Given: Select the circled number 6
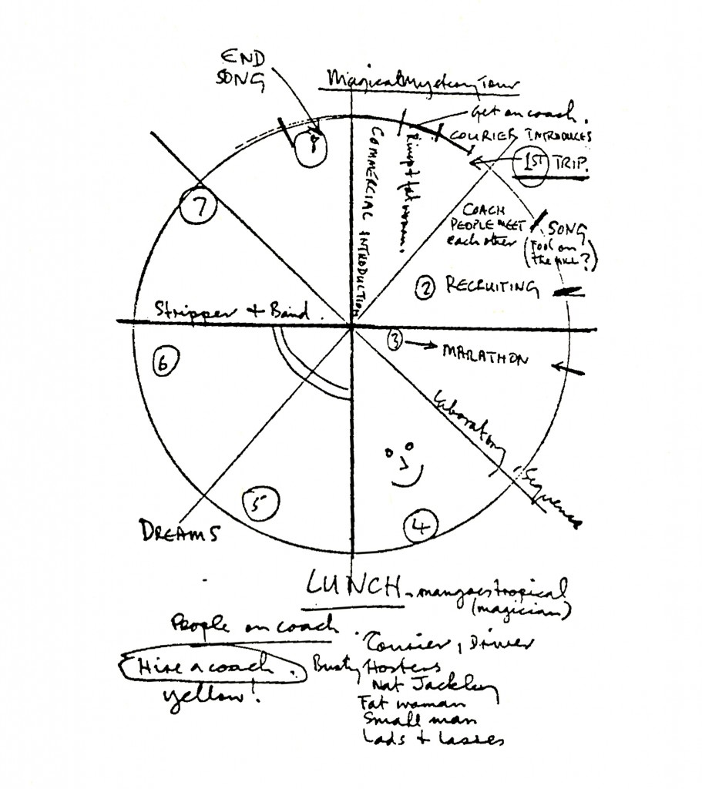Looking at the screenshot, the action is [163, 363].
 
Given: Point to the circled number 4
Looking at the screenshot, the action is [421, 527].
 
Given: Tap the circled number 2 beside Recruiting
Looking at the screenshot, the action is [425, 289].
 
